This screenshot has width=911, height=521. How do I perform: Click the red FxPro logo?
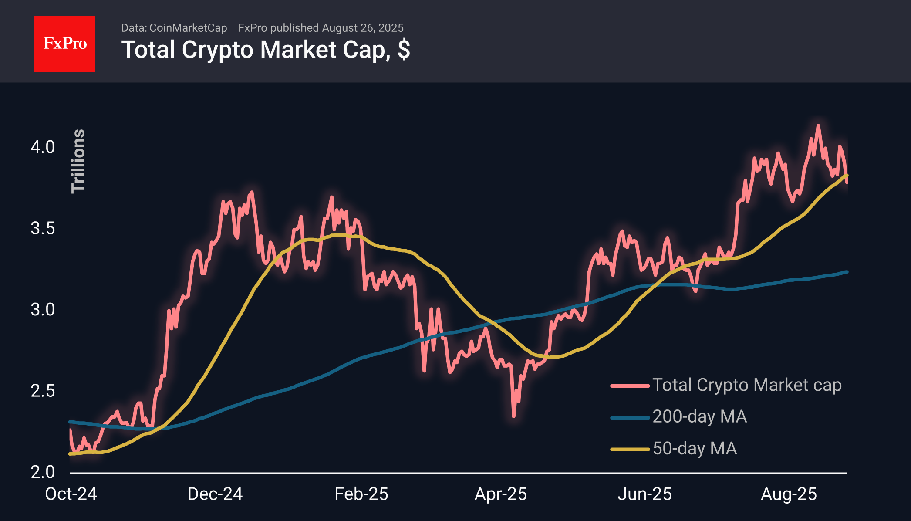pyautogui.click(x=64, y=44)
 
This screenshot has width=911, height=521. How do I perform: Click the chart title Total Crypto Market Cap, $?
pyautogui.click(x=266, y=50)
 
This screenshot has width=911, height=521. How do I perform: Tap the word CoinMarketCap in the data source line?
pyautogui.click(x=188, y=28)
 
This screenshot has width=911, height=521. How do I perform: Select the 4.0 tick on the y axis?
pyautogui.click(x=43, y=147)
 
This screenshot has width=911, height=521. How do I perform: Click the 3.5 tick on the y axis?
pyautogui.click(x=43, y=228)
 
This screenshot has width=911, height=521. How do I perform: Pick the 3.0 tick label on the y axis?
pyautogui.click(x=43, y=310)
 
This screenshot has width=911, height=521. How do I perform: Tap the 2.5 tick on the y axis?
pyautogui.click(x=43, y=391)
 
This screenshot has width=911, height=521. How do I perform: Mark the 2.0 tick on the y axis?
pyautogui.click(x=43, y=472)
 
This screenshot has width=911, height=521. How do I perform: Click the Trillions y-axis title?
pyautogui.click(x=78, y=161)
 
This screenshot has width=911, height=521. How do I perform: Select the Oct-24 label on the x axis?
pyautogui.click(x=71, y=494)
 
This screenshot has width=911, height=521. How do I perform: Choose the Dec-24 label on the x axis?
pyautogui.click(x=215, y=494)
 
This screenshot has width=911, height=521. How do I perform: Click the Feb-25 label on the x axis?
pyautogui.click(x=361, y=494)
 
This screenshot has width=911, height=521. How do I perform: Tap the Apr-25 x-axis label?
pyautogui.click(x=501, y=494)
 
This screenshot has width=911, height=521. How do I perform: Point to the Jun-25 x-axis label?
pyautogui.click(x=644, y=494)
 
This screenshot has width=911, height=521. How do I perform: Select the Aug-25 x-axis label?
pyautogui.click(x=789, y=494)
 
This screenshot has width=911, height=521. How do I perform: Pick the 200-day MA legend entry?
pyautogui.click(x=699, y=417)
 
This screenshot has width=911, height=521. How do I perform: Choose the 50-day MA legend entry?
pyautogui.click(x=695, y=449)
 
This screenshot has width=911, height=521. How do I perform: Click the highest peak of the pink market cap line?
pyautogui.click(x=818, y=126)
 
